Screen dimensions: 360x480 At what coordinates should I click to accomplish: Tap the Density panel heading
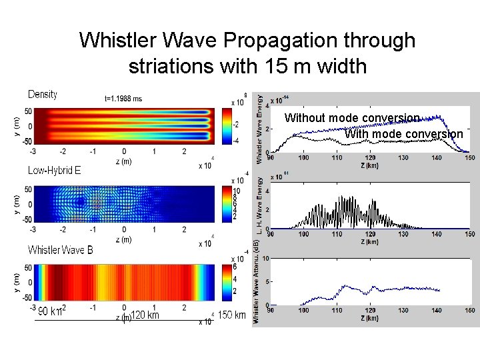pos(43,95)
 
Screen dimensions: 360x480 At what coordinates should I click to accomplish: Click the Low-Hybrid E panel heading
pos(54,170)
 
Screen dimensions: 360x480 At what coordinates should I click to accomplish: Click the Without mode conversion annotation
pos(352,118)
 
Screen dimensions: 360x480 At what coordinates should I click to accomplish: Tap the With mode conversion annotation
pos(403,134)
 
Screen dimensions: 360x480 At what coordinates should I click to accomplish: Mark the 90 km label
pos(49,311)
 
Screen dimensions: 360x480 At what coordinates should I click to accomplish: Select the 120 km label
pos(144,315)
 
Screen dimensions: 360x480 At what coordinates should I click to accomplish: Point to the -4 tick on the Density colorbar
pos(235,141)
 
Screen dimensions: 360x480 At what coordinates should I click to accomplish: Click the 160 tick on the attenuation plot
pos(470,311)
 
